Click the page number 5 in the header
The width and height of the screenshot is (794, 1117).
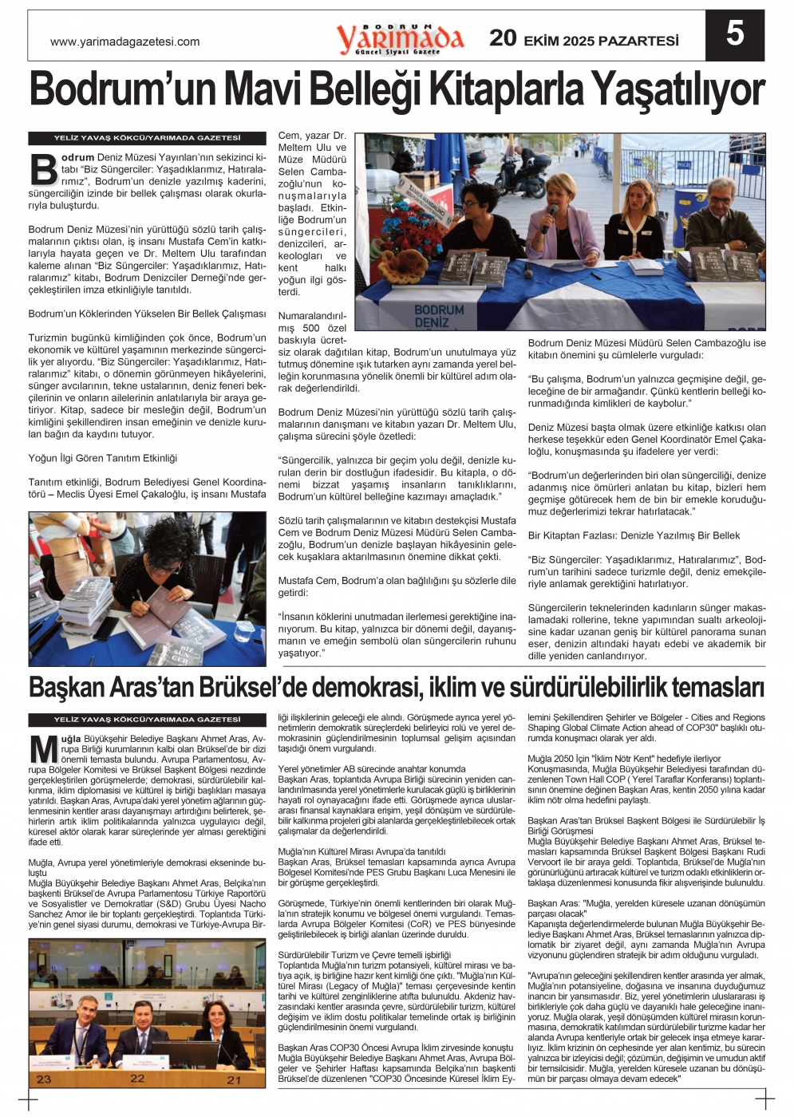pyautogui.click(x=734, y=34)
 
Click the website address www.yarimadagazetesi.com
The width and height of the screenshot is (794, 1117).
pyautogui.click(x=124, y=41)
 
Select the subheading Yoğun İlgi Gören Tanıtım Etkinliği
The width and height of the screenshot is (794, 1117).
pyautogui.click(x=103, y=458)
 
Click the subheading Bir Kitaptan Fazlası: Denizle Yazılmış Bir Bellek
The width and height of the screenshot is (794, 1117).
pyautogui.click(x=634, y=535)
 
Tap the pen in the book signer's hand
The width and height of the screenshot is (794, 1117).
pyautogui.click(x=136, y=595)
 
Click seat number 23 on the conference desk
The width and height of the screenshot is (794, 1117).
pyautogui.click(x=43, y=1079)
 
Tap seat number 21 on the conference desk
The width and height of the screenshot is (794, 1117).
pyautogui.click(x=233, y=1080)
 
